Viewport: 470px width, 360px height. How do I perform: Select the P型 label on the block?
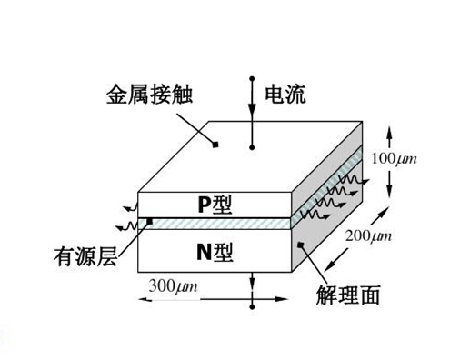click(215, 205)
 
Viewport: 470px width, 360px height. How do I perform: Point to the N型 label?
click(215, 252)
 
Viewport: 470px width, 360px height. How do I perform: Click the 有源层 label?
click(84, 258)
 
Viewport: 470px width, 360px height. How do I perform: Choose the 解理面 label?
click(348, 295)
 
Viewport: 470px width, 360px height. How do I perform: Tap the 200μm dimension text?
click(368, 237)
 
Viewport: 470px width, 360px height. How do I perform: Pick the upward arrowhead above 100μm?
click(391, 133)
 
